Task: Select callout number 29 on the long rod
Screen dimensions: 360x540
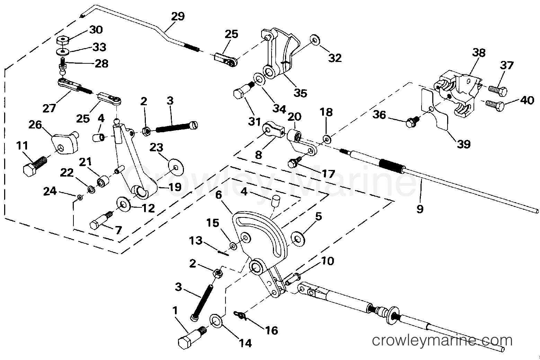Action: point(178,17)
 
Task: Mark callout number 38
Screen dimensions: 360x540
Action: point(479,53)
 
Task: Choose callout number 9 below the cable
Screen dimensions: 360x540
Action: point(419,209)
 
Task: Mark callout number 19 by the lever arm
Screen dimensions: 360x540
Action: point(175,187)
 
